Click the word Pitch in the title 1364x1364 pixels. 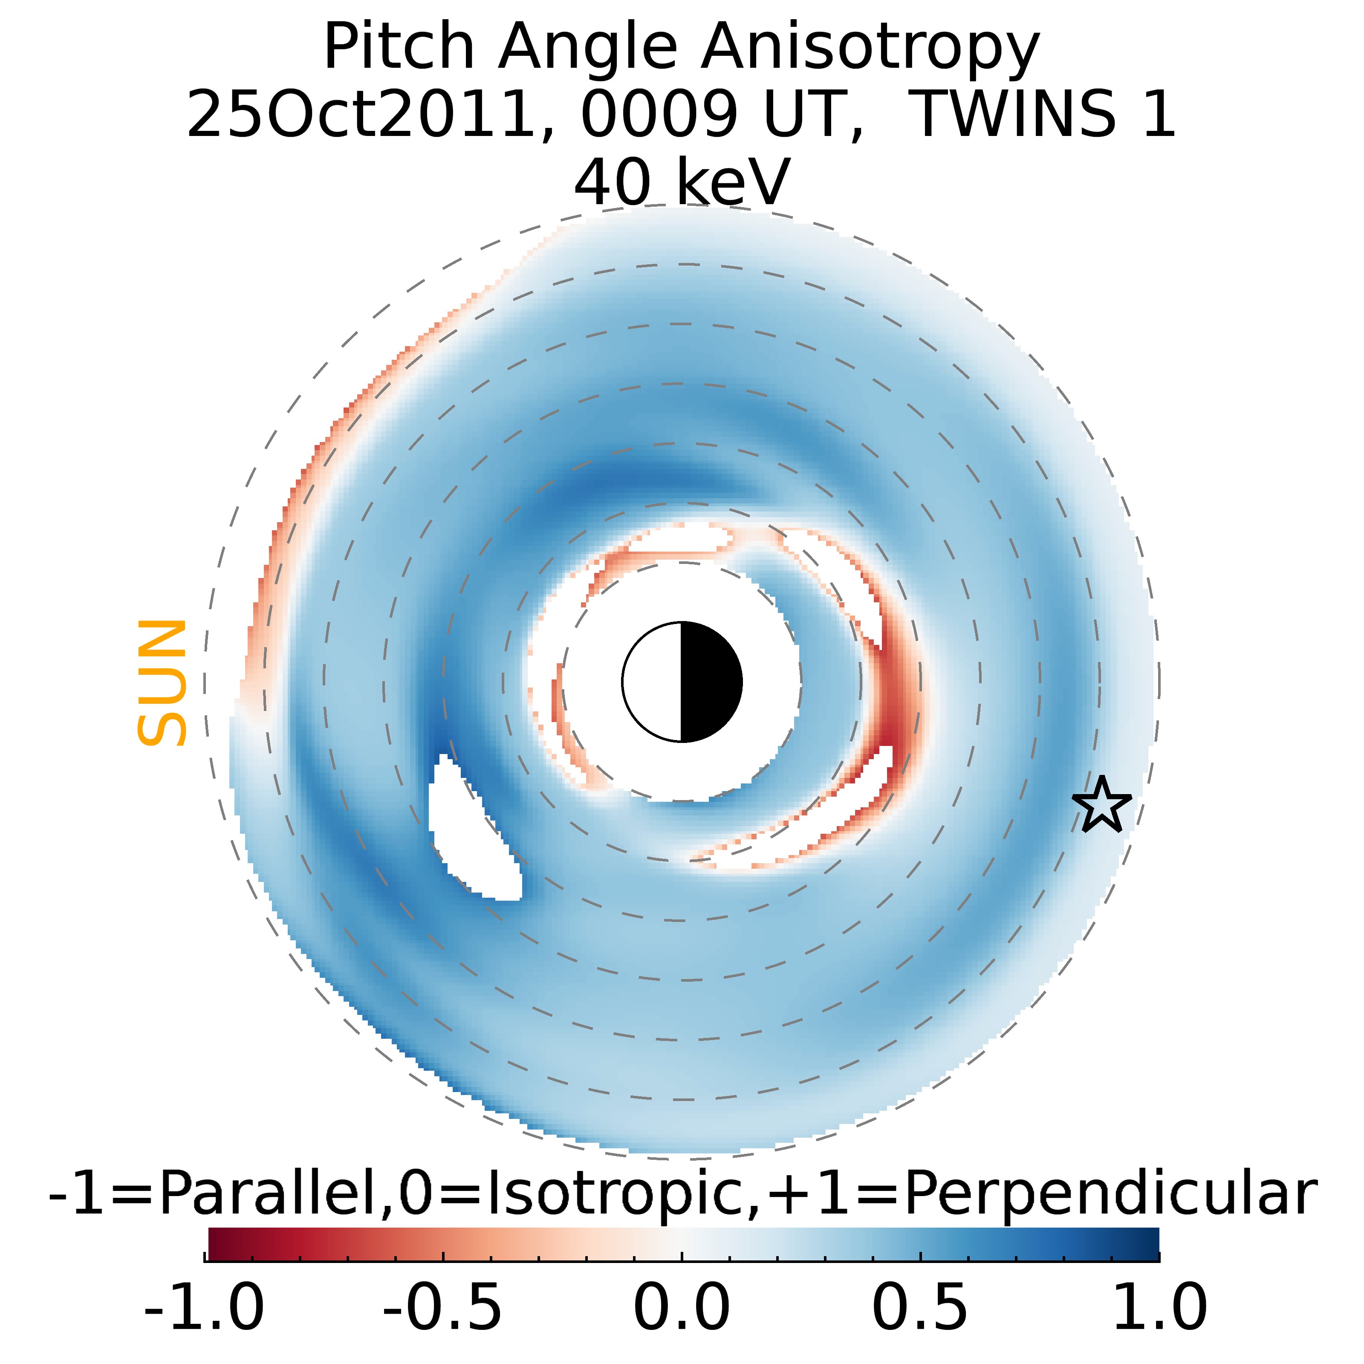point(399,48)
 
